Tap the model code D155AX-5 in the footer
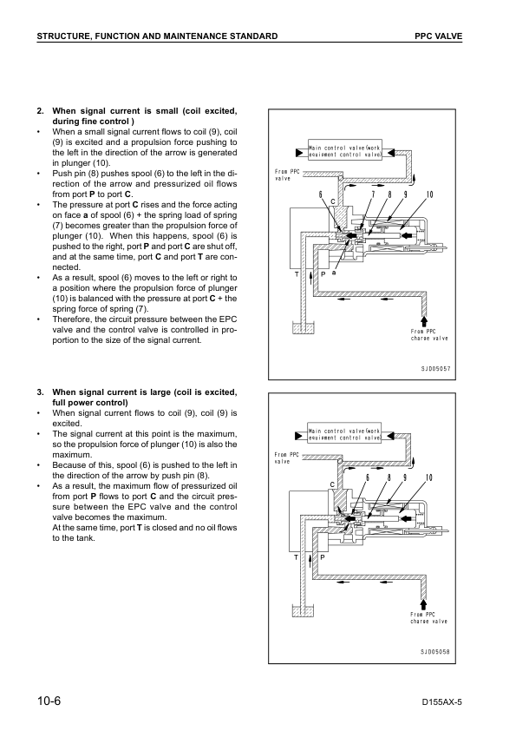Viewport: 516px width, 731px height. (442, 701)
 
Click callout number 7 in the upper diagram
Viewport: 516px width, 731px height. (372, 194)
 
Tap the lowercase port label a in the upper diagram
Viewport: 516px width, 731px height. (334, 272)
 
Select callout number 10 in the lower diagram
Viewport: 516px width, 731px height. (428, 477)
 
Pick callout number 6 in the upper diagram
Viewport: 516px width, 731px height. (321, 194)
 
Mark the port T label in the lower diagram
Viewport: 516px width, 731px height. (296, 556)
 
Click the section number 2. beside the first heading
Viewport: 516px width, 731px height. (40, 111)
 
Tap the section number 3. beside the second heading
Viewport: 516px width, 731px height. (40, 392)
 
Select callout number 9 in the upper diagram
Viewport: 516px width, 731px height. (404, 194)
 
